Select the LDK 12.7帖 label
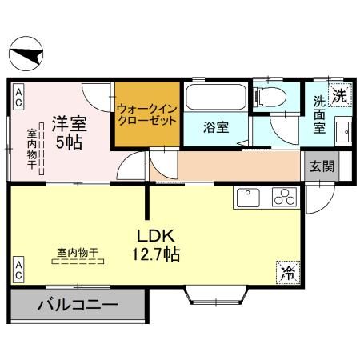click(x=155, y=246)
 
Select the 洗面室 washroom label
click(x=320, y=114)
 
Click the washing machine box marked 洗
click(x=339, y=94)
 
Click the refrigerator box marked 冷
click(x=286, y=272)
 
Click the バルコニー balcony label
click(x=78, y=305)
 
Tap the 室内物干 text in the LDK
click(x=77, y=253)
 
